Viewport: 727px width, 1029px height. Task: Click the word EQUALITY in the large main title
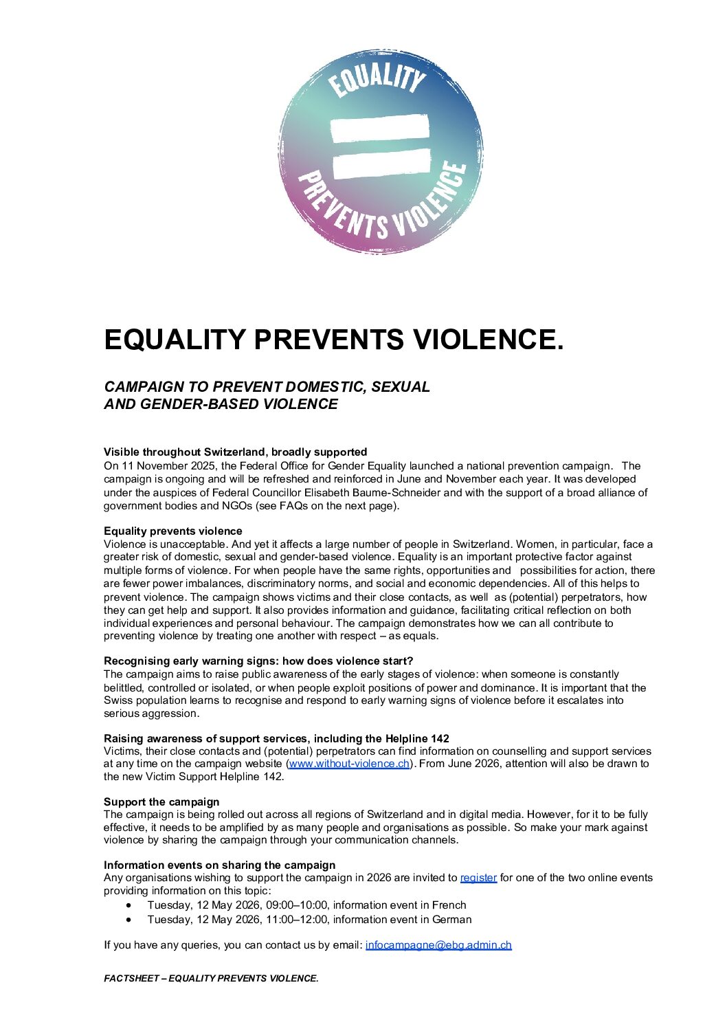coord(175,340)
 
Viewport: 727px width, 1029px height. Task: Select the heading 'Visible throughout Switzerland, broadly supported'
coord(235,452)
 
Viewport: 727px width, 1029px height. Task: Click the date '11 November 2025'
coord(161,466)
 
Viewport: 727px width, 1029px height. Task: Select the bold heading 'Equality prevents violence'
coord(172,531)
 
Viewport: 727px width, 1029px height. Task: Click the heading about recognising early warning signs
coord(258,661)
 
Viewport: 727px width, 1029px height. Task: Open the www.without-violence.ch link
coord(349,764)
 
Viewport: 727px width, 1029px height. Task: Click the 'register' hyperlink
coord(478,878)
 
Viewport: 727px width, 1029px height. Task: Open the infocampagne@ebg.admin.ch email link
coord(438,945)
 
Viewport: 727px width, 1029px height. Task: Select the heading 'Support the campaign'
coord(161,801)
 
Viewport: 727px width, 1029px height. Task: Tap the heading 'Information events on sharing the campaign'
coord(219,865)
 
